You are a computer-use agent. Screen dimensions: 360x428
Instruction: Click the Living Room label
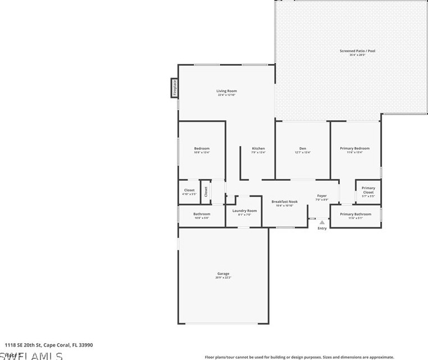pos(227,91)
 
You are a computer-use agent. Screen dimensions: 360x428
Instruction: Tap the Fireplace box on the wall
pos(174,88)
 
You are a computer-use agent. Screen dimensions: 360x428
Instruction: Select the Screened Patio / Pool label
pos(357,51)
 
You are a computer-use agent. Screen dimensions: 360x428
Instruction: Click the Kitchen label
pos(258,148)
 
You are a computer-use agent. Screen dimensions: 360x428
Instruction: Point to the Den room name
pos(303,148)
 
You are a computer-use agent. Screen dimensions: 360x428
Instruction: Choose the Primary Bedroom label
pos(355,148)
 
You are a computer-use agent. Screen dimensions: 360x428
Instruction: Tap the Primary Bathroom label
pos(355,214)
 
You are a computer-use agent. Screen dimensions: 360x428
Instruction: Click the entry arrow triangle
pos(322,222)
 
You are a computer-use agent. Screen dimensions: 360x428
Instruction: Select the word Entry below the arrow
pos(322,229)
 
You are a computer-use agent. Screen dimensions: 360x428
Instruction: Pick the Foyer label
pos(321,195)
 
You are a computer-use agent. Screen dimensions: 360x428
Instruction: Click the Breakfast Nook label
pos(284,202)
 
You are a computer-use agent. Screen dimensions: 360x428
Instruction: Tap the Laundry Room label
pos(244,211)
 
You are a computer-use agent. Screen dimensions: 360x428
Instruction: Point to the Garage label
pos(223,274)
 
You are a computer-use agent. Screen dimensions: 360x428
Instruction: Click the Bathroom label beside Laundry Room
pos(202,214)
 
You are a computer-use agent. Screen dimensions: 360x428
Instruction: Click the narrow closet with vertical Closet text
pos(206,192)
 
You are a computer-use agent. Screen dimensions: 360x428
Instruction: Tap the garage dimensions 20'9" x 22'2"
pos(223,277)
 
